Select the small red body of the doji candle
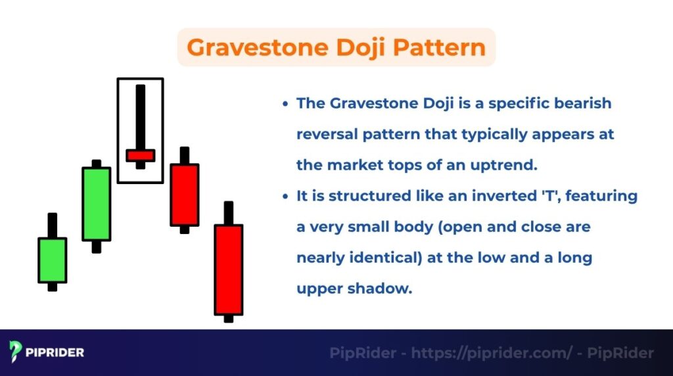pos(140,155)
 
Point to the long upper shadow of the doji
pos(140,116)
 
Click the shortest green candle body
pos(53,260)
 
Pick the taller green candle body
pos(96,204)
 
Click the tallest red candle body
pos(228,270)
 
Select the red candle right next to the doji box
pos(184,195)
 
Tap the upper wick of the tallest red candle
pos(228,212)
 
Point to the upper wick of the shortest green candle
pos(53,225)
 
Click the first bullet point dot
pos(285,104)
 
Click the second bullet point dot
pos(285,197)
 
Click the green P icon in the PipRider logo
pos(16,352)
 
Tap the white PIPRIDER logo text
pos(55,353)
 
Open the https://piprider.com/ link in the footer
pos(491,353)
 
